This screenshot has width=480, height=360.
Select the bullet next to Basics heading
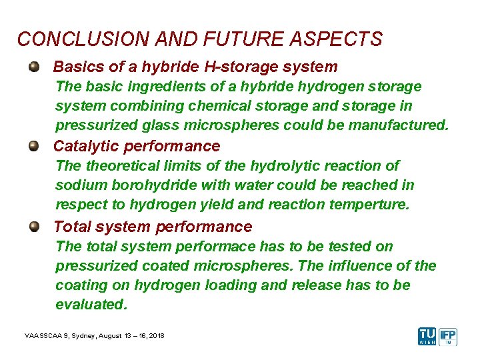[x=33, y=67]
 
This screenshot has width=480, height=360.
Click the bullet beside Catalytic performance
[x=33, y=146]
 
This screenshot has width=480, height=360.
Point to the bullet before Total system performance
[x=33, y=227]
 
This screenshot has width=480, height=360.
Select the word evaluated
[x=91, y=305]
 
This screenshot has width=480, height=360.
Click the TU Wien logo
[x=427, y=337]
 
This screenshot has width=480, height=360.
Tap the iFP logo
[x=451, y=337]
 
